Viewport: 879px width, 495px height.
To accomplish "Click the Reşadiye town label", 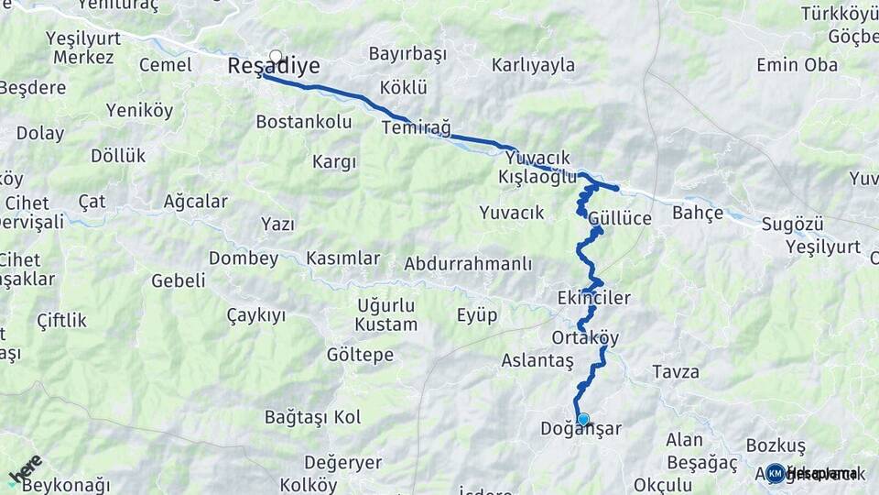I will pyautogui.click(x=273, y=66).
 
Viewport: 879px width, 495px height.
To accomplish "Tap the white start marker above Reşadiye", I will pyautogui.click(x=276, y=56).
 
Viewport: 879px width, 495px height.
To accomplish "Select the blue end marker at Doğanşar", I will pyautogui.click(x=583, y=419).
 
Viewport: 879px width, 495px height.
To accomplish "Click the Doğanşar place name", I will pyautogui.click(x=581, y=429).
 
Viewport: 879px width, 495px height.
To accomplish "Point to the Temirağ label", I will pyautogui.click(x=417, y=127).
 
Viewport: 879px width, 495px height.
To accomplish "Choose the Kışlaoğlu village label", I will pyautogui.click(x=537, y=177).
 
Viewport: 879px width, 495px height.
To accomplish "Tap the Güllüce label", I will pyautogui.click(x=620, y=218).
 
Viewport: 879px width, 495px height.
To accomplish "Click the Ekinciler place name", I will pyautogui.click(x=593, y=298).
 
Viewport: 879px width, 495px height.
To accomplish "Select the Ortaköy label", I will pyautogui.click(x=585, y=337).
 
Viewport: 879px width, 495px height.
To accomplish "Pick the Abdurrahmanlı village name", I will pyautogui.click(x=467, y=264).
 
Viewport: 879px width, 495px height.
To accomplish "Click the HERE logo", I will pyautogui.click(x=25, y=469).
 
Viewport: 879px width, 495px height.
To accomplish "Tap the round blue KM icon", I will pyautogui.click(x=775, y=474).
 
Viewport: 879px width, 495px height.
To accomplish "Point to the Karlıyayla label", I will pyautogui.click(x=533, y=65).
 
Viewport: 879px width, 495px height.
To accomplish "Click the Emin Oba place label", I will pyautogui.click(x=797, y=65).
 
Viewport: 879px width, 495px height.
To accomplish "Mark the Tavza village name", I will pyautogui.click(x=676, y=372).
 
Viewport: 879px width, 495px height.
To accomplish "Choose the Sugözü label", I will pyautogui.click(x=806, y=225).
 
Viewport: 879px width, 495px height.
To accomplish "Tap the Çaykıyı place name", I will pyautogui.click(x=255, y=315).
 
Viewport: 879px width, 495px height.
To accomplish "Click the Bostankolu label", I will pyautogui.click(x=303, y=121).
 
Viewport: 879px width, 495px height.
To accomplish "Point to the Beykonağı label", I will pyautogui.click(x=66, y=485).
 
